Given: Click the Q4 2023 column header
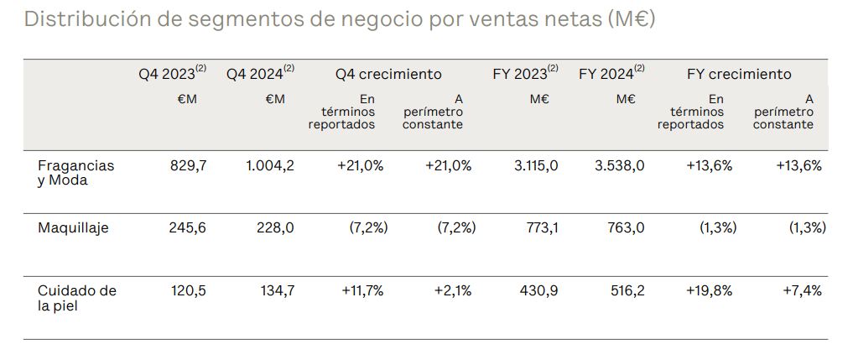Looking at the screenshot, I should [172, 74].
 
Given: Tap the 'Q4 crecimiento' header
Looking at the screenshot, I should [388, 74].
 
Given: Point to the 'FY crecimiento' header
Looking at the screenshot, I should [739, 74].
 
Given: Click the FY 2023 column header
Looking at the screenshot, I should [525, 74].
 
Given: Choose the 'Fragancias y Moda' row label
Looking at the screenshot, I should [76, 173].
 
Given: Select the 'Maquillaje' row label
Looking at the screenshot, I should [74, 227].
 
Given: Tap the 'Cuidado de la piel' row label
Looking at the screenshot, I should [77, 298].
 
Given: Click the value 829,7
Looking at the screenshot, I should [189, 165].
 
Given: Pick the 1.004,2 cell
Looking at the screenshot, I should [270, 165].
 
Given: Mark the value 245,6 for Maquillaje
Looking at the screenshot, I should [189, 227].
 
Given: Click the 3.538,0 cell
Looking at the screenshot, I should [620, 165].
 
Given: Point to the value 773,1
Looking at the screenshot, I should [540, 227].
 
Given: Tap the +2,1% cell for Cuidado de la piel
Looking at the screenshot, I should [453, 290].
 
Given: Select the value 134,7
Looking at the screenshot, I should [277, 290].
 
